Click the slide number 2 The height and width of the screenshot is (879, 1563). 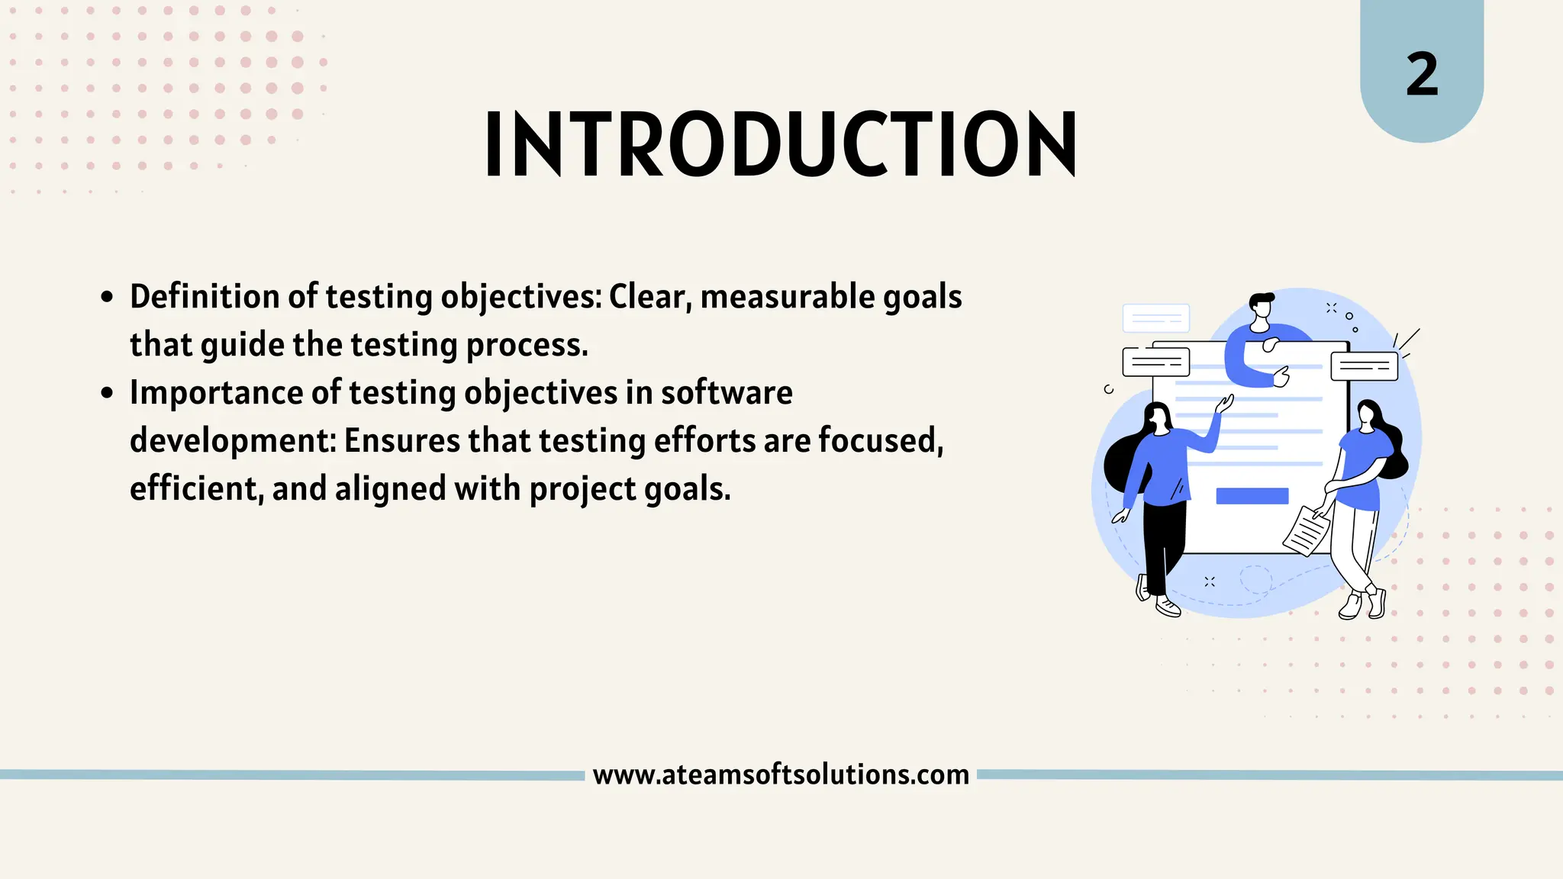1422,75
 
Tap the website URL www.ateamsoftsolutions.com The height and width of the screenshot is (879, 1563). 781,774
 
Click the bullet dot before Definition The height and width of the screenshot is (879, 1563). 107,298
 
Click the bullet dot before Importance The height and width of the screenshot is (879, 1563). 107,394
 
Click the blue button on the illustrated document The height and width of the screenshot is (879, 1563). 1252,496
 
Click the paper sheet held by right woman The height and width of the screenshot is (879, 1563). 1307,531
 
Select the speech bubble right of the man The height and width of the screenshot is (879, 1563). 1364,366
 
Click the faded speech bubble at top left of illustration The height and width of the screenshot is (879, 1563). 1155,318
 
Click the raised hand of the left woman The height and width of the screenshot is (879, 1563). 1224,404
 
